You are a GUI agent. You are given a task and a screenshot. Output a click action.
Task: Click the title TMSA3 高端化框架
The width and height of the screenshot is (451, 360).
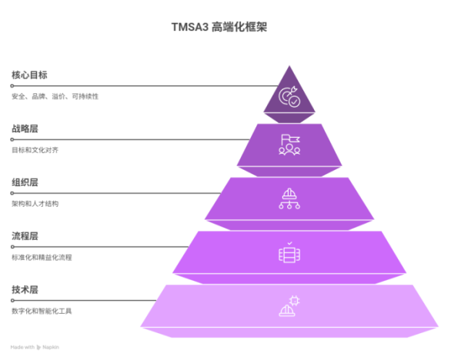click(219, 27)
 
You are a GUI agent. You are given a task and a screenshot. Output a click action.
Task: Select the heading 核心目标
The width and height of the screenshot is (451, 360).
click(29, 75)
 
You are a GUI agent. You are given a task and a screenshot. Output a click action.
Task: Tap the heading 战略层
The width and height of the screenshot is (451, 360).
click(25, 128)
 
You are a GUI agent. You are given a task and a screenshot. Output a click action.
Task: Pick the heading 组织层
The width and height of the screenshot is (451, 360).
click(25, 182)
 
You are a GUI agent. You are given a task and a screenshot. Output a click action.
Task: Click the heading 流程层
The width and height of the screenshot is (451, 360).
click(25, 236)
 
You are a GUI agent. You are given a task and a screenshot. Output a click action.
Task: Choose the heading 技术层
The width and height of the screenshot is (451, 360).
click(25, 289)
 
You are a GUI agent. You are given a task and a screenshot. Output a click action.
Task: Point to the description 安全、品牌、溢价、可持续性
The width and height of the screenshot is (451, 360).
click(55, 96)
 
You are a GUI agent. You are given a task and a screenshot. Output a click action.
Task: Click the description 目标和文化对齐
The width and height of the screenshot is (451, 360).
click(35, 150)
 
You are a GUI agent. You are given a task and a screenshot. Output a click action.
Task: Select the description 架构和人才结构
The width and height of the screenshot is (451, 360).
click(35, 204)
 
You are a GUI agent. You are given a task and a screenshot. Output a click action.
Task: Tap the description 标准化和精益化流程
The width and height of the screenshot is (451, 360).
click(42, 258)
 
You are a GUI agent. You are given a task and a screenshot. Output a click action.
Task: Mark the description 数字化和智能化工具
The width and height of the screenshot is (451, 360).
click(42, 311)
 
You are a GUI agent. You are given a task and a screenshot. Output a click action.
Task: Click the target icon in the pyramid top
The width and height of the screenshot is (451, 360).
click(289, 97)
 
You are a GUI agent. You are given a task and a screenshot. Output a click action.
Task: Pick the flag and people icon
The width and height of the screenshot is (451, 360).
click(289, 145)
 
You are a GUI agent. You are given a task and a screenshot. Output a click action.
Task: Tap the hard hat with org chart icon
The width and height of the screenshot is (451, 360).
click(289, 198)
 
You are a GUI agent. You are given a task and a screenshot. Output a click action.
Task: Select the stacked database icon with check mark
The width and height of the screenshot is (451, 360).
click(289, 252)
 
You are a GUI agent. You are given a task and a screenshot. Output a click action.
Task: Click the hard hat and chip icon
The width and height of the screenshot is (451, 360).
click(289, 306)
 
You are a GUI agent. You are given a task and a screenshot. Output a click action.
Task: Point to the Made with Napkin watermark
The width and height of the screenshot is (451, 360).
click(35, 348)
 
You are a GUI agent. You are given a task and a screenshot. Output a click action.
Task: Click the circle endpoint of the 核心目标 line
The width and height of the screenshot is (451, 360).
click(12, 85)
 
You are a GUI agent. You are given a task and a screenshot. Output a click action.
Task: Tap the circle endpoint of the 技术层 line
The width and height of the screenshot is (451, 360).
click(12, 301)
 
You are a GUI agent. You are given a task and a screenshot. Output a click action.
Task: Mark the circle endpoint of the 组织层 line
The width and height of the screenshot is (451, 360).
click(12, 193)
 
